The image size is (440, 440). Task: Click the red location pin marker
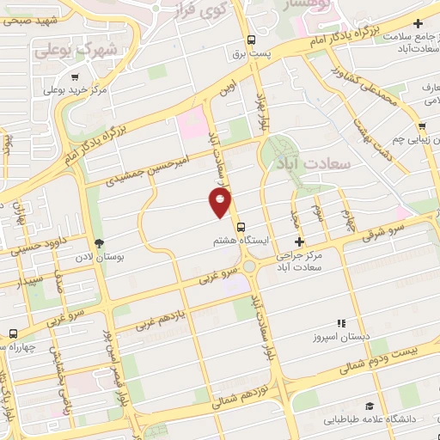pyautogui.click(x=221, y=202)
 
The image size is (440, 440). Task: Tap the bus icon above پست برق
pyautogui.click(x=251, y=40)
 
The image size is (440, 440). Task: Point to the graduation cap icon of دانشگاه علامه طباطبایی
pyautogui.click(x=369, y=406)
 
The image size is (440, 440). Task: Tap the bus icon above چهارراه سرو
pyautogui.click(x=13, y=333)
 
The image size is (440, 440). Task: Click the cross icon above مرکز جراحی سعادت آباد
pyautogui.click(x=298, y=242)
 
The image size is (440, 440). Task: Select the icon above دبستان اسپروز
pyautogui.click(x=341, y=324)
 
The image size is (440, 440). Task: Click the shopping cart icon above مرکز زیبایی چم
pyautogui.click(x=422, y=123)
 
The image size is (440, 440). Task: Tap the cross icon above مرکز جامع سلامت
pyautogui.click(x=419, y=23)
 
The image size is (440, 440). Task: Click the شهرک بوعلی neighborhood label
pyautogui.click(x=76, y=50)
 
